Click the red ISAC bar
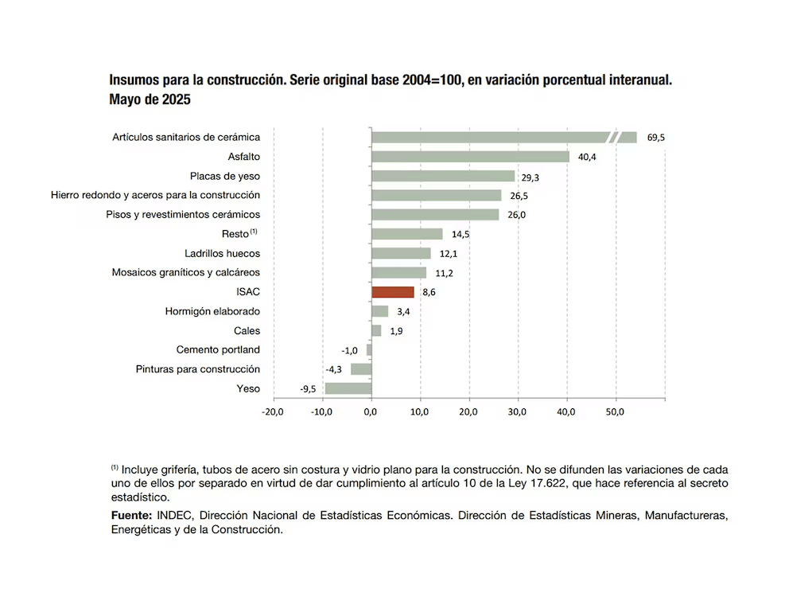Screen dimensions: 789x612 pos(393,292)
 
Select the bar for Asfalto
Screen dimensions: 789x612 pos(471,157)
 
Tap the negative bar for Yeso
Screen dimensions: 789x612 pos(348,388)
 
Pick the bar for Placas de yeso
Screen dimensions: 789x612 pos(443,176)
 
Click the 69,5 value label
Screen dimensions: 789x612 pos(655,138)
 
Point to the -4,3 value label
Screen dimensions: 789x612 pos(333,369)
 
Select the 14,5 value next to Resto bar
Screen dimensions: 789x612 pos(461,234)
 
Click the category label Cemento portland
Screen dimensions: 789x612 pos(218,350)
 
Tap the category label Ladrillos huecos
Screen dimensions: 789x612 pos(223,254)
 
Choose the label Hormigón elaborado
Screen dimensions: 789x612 pos(212,311)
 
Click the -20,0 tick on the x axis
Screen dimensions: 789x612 pos(272,411)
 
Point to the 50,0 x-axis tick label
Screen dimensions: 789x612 pos(615,411)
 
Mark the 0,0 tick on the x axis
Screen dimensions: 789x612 pos(371,411)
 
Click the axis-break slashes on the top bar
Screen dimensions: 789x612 pos(614,138)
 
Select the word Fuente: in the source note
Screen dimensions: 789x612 pos(131,516)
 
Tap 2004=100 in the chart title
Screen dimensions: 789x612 pos(432,80)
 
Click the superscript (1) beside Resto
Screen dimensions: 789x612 pos(254,232)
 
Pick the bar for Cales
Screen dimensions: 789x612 pos(376,330)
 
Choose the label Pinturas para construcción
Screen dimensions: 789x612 pos(198,369)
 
